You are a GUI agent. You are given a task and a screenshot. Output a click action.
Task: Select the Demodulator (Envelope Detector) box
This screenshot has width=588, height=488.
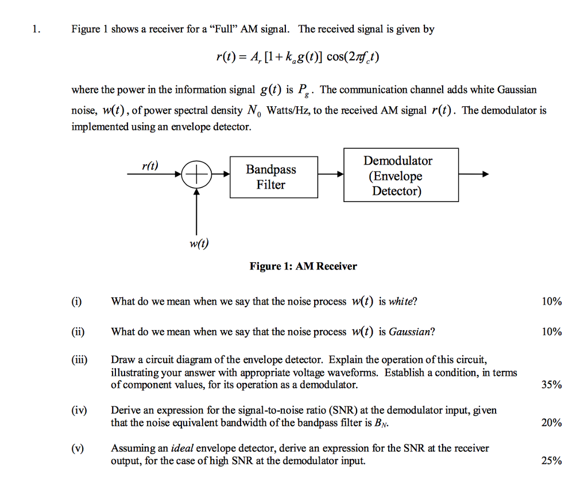[401, 175]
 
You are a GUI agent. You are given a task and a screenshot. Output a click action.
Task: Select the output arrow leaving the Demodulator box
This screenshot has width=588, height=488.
[474, 175]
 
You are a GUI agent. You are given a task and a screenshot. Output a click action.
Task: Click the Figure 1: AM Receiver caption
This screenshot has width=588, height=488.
[303, 266]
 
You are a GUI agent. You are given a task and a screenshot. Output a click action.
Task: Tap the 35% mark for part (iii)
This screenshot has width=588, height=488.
[551, 385]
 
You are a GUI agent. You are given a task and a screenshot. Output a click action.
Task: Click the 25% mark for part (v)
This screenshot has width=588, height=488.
[551, 460]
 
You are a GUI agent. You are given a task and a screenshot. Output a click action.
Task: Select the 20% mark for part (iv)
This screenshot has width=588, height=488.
[551, 423]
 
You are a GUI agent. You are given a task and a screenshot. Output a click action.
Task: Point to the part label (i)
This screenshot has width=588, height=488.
[76, 301]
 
